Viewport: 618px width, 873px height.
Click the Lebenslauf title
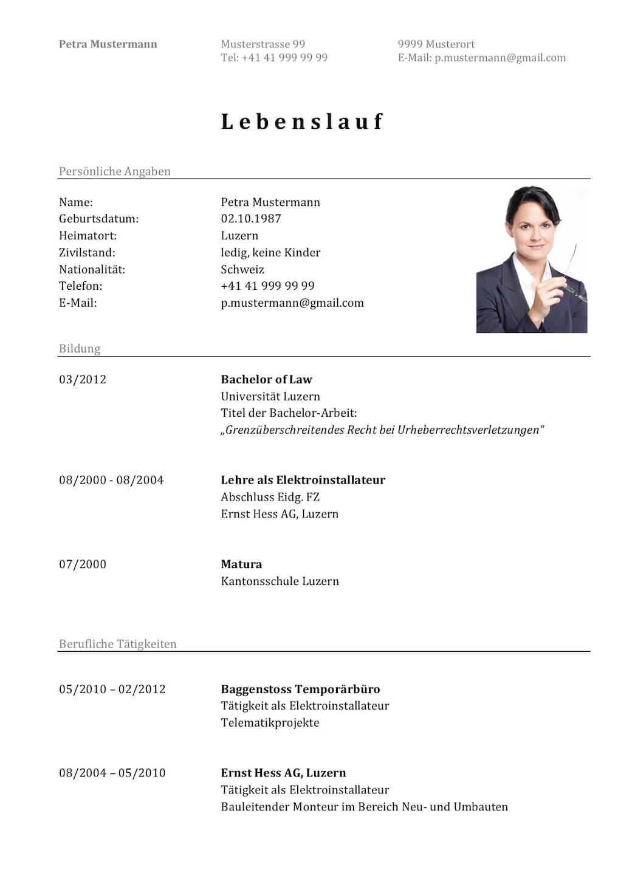tap(302, 122)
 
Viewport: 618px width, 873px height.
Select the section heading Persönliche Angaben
tap(114, 171)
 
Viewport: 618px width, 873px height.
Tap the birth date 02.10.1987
tap(250, 219)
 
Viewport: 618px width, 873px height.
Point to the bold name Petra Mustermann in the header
tap(108, 44)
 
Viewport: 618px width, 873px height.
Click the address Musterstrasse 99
tap(263, 44)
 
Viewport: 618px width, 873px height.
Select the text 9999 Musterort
tap(436, 44)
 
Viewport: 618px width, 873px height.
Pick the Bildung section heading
tap(79, 349)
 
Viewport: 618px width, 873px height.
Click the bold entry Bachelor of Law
tap(266, 380)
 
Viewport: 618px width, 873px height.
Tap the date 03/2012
tap(82, 380)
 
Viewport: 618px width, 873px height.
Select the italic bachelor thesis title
tap(382, 430)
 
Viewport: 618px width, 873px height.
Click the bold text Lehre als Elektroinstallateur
tap(303, 480)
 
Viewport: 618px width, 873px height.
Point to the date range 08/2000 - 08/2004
tap(111, 480)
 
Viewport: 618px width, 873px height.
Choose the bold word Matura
tap(241, 564)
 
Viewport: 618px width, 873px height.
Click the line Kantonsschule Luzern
tap(280, 581)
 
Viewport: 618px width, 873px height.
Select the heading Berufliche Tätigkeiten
tap(117, 644)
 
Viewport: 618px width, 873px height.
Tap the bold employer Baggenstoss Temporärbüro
tap(300, 690)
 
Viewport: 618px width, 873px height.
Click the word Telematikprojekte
tap(270, 723)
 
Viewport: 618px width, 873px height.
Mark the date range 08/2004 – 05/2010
tap(112, 773)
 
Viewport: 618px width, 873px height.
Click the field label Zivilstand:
tap(87, 253)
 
